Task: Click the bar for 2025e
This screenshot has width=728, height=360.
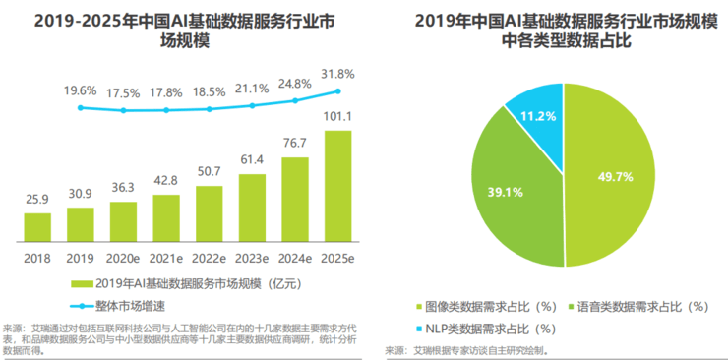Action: coord(337,186)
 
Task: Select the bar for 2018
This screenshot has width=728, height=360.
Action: coord(37,227)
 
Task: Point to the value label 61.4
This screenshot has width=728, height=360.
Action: coord(252,160)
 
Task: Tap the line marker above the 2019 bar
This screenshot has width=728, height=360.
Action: coord(81,108)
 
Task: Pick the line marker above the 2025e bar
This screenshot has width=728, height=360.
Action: coord(337,91)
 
